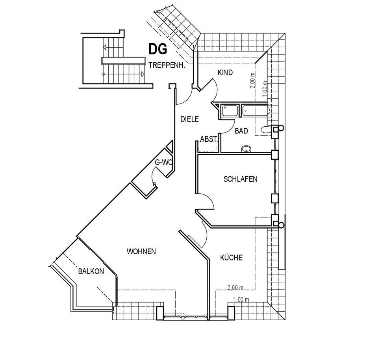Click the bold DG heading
pyautogui.click(x=158, y=49)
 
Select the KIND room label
pyautogui.click(x=225, y=73)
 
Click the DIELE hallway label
pyautogui.click(x=189, y=119)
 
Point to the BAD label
pyautogui.click(x=241, y=131)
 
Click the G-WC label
pyautogui.click(x=163, y=162)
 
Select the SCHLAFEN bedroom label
pyautogui.click(x=240, y=179)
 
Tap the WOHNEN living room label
pyautogui.click(x=141, y=251)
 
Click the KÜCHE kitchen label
pyautogui.click(x=231, y=258)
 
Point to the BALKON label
pyautogui.click(x=91, y=271)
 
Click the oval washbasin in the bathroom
pyautogui.click(x=246, y=149)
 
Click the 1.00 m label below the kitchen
pyautogui.click(x=241, y=299)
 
